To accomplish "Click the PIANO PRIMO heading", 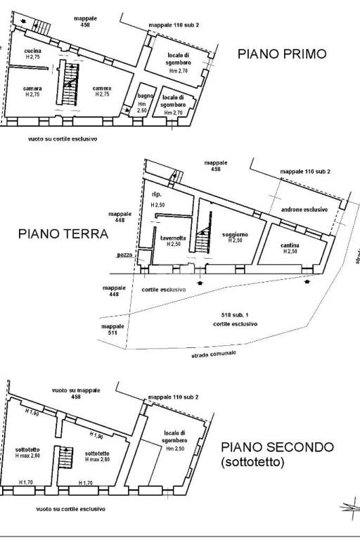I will [x=281, y=53].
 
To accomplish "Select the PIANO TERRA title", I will [x=63, y=234].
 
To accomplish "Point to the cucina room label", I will [x=33, y=51].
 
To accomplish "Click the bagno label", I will [x=146, y=95].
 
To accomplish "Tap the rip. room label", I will [x=157, y=193].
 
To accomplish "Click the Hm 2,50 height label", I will [x=176, y=449].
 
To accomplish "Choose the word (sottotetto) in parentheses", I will [x=252, y=463].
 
